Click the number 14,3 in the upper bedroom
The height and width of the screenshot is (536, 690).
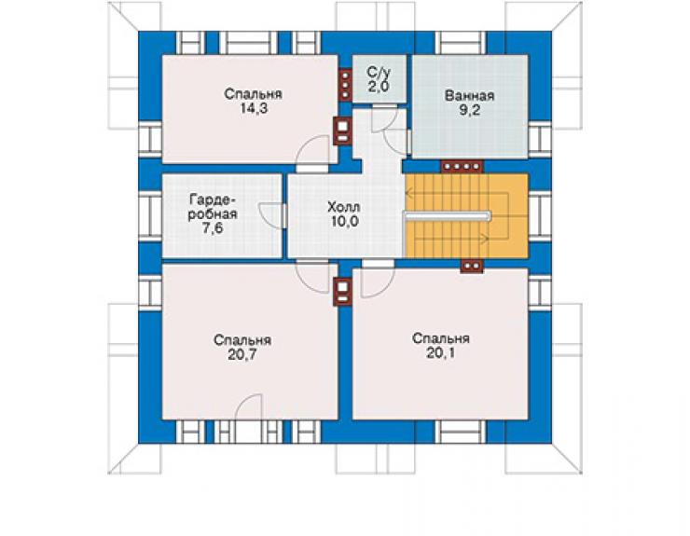click(x=254, y=109)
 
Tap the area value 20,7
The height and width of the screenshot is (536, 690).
click(x=242, y=354)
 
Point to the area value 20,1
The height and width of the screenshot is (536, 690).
click(x=440, y=353)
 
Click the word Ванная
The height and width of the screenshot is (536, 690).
click(x=469, y=95)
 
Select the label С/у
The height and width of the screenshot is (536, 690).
click(x=379, y=72)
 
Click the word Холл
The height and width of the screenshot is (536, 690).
click(x=344, y=206)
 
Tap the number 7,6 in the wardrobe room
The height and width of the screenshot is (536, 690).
click(x=213, y=228)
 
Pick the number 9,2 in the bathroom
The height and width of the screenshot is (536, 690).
click(x=469, y=110)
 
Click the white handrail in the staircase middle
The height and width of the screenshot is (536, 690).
click(x=448, y=215)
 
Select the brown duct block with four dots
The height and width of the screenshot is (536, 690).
click(x=462, y=166)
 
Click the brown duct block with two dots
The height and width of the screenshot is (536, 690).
click(x=472, y=267)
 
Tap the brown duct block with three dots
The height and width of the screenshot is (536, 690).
click(x=345, y=85)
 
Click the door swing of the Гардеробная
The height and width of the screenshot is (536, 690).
click(x=270, y=215)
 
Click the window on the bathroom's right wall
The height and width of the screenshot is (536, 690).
click(x=540, y=139)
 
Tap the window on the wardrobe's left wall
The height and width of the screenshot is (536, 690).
click(x=150, y=216)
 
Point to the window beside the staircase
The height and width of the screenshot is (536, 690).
click(x=540, y=216)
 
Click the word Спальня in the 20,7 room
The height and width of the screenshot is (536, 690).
click(x=242, y=340)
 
